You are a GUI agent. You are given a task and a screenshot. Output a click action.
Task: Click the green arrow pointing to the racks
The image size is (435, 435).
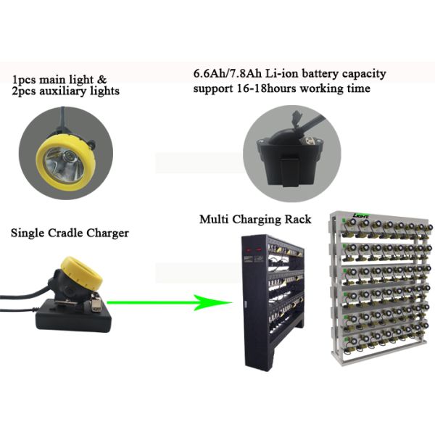click(169, 302)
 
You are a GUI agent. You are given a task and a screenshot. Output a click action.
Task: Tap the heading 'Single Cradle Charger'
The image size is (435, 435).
click(70, 233)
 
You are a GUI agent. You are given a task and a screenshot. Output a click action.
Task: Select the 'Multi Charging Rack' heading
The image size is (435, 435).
click(255, 220)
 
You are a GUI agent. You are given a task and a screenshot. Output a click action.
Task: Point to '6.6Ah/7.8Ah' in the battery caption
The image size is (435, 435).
click(228, 75)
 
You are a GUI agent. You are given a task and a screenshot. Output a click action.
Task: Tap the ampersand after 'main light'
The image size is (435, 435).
click(101, 80)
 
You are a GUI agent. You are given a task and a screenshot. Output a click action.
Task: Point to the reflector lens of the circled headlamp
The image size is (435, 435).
click(65, 165)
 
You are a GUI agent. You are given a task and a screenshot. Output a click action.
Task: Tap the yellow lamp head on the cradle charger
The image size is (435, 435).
click(81, 273)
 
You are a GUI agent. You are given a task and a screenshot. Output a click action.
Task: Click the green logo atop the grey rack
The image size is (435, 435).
click(361, 215)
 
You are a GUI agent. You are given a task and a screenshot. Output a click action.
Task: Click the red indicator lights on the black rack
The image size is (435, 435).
click(254, 249)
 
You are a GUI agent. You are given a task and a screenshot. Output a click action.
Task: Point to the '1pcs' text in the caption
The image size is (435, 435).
click(24, 80)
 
